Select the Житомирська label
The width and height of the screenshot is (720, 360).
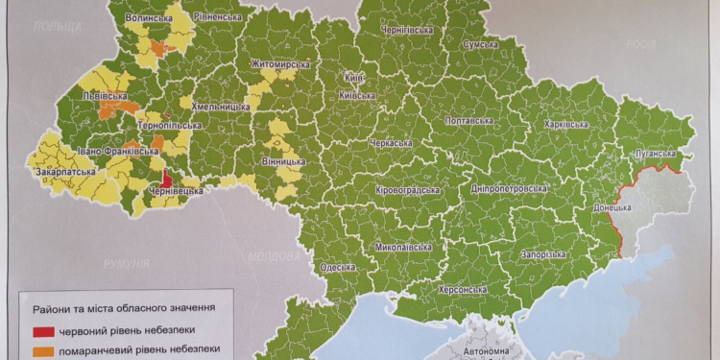pyautogui.click(x=280, y=64)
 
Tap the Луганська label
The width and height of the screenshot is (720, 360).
pyautogui.click(x=659, y=154)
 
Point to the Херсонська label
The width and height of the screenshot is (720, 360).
pyautogui.click(x=462, y=289)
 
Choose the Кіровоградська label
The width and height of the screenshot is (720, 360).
pyautogui.click(x=408, y=189)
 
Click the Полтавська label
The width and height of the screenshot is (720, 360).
pyautogui.click(x=468, y=121)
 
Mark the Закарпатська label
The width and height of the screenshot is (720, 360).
pyautogui.click(x=65, y=174)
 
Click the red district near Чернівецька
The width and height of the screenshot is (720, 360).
pyautogui.click(x=165, y=179)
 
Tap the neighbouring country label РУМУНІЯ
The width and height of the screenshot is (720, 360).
pyautogui.click(x=126, y=263)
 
